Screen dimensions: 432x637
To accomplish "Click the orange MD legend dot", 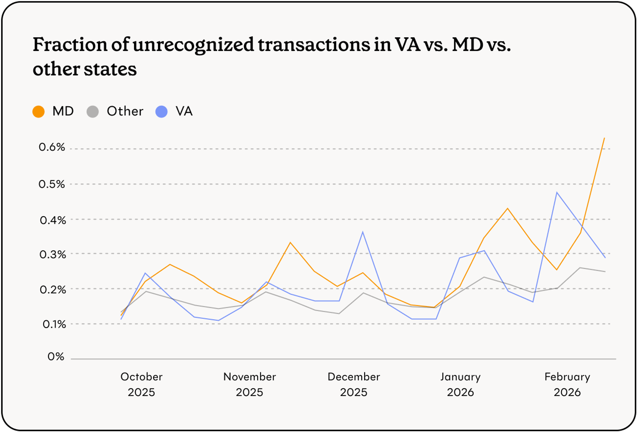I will coord(39,112).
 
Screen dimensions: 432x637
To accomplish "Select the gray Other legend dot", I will coord(93,112).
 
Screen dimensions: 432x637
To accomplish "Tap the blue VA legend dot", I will coord(161,112).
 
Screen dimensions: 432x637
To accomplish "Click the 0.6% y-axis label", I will coord(52,147).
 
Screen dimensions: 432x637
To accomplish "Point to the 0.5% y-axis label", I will coord(52,184).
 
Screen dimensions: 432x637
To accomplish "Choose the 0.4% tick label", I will coord(53,220).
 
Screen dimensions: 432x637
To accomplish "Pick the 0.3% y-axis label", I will coord(53,255).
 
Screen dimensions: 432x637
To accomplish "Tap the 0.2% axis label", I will coord(53,290).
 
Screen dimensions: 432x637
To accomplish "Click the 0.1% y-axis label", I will coord(54,324).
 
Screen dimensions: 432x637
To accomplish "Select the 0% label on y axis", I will coord(56,356).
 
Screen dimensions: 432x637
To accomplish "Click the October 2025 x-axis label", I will coord(141,384).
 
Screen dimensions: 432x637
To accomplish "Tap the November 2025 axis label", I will coord(249,384).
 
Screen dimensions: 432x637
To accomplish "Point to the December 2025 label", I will coord(354,384).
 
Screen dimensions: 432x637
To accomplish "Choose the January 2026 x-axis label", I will coord(460,384).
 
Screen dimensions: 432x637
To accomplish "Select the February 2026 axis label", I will coord(567,384).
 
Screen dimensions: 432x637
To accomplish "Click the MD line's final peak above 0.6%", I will coord(604,138).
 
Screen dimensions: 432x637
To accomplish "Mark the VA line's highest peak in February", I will coord(557,192).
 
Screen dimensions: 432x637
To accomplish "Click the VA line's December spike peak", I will coord(363,232).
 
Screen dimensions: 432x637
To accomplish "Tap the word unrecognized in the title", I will coord(193,45).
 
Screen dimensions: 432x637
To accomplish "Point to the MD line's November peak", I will coord(290,242).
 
